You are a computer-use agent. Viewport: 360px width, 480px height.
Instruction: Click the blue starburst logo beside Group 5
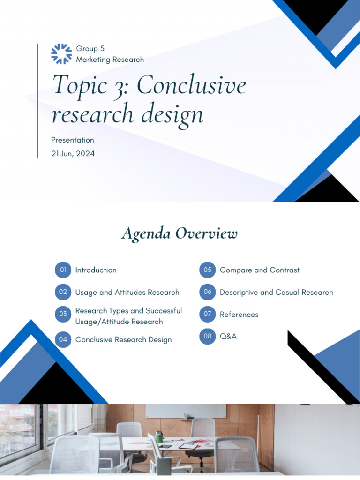61,53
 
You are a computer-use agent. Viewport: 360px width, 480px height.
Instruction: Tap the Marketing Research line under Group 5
110,60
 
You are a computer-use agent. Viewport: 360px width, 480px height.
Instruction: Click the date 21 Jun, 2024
73,153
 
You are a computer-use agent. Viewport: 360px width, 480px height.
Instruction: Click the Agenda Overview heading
180,233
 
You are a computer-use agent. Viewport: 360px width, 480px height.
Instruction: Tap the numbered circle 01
63,270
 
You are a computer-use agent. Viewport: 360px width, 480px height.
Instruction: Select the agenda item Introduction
96,270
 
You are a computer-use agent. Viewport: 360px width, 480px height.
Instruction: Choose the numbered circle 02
63,292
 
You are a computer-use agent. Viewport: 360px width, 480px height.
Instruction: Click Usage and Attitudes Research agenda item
127,292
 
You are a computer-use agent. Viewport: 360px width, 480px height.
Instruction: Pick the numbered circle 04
63,339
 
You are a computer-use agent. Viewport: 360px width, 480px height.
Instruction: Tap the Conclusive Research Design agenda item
123,339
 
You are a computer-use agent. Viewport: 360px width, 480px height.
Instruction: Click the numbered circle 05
207,270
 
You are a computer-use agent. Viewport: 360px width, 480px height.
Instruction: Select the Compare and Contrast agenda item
259,270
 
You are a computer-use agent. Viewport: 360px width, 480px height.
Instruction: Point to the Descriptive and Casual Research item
276,292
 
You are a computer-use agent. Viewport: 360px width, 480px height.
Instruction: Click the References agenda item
239,315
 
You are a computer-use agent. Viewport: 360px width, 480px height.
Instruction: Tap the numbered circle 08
207,336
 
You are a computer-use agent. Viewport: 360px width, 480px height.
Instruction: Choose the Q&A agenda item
228,336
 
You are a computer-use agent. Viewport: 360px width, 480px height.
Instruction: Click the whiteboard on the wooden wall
185,411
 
